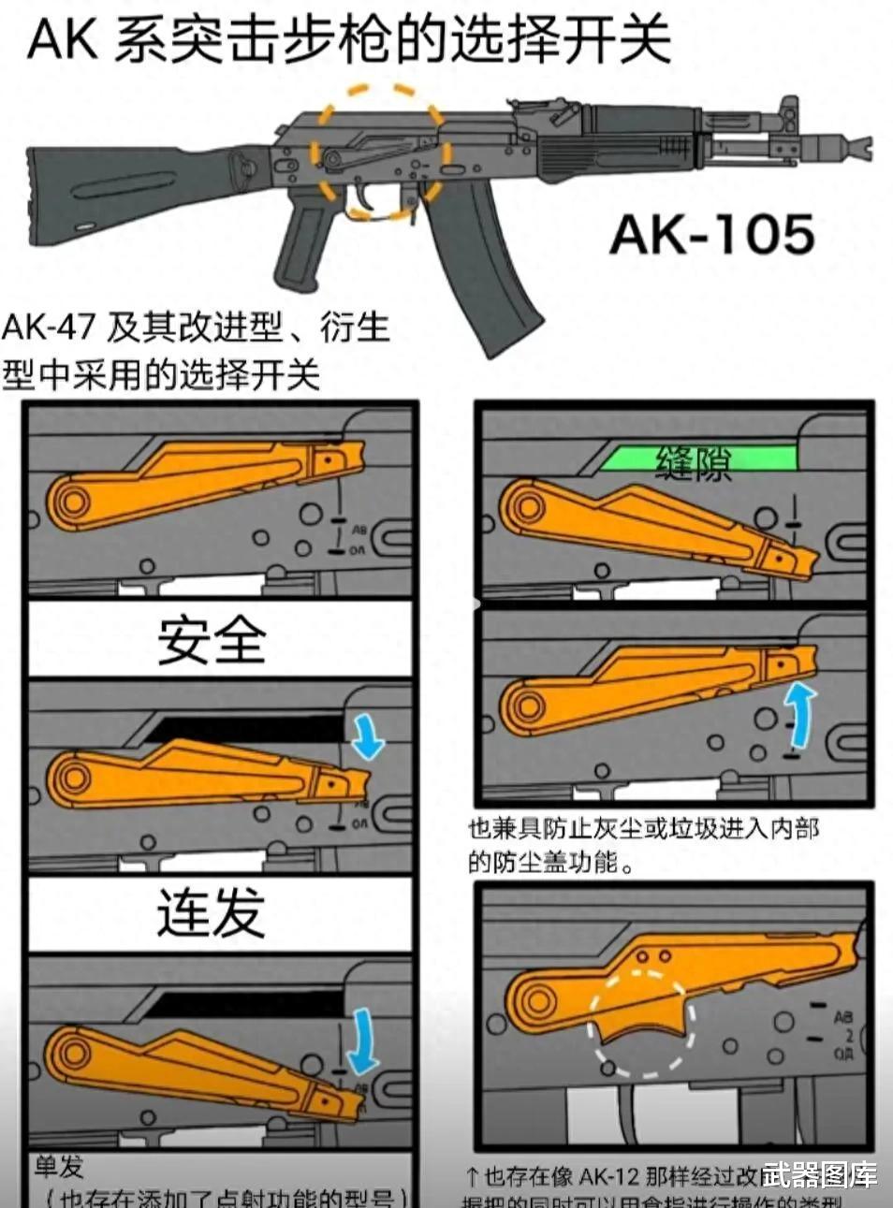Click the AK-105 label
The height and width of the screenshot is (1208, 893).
point(712,234)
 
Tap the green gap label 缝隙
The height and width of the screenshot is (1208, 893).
point(694,461)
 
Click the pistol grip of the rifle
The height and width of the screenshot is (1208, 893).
point(302,248)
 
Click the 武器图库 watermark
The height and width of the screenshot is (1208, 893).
point(819,1175)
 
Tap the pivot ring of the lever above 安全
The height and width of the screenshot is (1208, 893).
point(71,502)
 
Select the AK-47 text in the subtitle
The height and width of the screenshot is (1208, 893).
point(49,327)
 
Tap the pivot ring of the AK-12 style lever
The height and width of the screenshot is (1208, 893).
point(535,1000)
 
